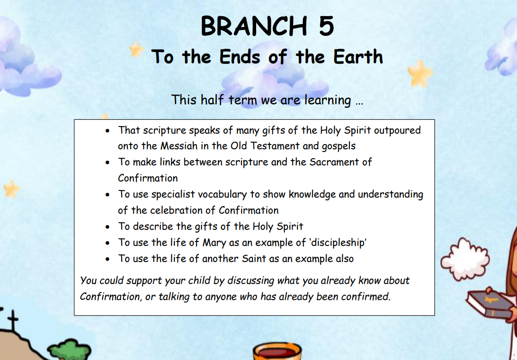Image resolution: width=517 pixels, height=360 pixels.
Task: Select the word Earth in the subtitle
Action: tap(358, 56)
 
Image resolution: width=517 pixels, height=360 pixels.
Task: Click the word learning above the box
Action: tap(328, 100)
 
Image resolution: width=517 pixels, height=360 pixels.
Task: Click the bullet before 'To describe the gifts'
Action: tap(107, 227)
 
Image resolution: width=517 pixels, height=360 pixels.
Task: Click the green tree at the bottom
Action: tap(69, 350)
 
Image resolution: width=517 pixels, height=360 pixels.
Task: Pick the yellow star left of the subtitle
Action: tap(136, 49)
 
